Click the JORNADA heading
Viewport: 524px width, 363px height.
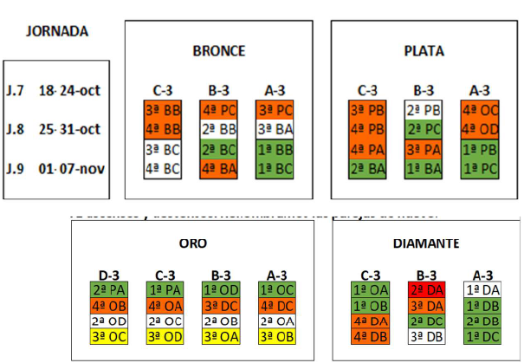tap(57, 32)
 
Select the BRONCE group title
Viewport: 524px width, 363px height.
tap(218, 51)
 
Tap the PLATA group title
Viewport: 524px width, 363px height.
tap(424, 51)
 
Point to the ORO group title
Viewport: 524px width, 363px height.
tap(192, 243)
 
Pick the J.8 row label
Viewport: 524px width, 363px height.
tap(15, 130)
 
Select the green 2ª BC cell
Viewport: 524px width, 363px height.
tap(218, 149)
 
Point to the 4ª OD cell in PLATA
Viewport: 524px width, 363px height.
tap(479, 129)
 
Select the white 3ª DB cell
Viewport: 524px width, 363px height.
tap(426, 337)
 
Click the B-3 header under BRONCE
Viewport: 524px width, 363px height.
tap(218, 89)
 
